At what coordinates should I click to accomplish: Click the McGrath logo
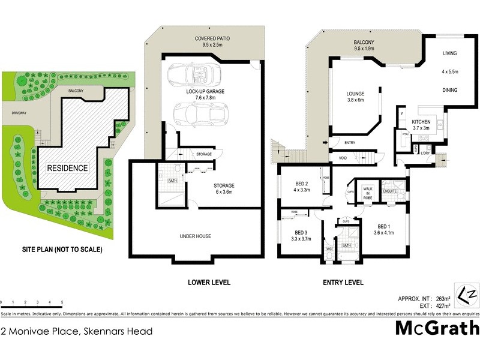(437, 328)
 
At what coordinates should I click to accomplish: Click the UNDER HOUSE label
(195, 236)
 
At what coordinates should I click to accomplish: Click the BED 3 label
(301, 236)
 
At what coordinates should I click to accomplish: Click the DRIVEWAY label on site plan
(13, 112)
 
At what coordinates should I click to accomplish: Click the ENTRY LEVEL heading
(343, 282)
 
